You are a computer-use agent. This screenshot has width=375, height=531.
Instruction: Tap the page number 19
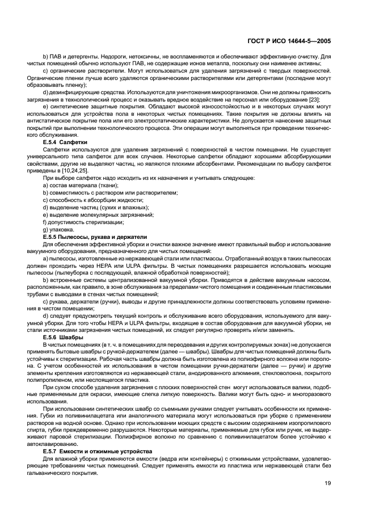coord(328,483)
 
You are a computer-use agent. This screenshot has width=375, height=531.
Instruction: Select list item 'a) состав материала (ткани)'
coord(81,186)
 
